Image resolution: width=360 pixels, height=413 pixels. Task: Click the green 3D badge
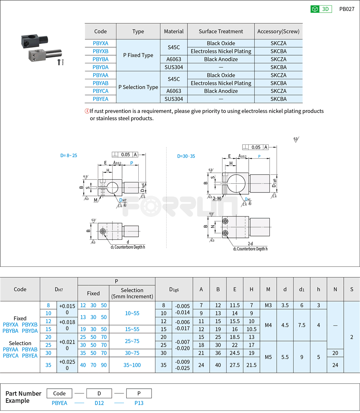tap(321, 9)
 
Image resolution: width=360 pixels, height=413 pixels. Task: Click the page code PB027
tap(346, 9)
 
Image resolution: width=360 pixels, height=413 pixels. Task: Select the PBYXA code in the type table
tap(100, 43)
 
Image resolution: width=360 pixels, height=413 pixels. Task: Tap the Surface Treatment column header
tap(221, 31)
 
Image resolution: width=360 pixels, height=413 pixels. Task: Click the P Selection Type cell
tap(138, 87)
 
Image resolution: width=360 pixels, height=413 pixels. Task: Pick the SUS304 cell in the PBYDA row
tap(174, 67)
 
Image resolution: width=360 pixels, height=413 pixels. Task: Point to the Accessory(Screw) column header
tap(278, 31)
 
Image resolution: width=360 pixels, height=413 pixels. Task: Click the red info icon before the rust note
tap(87, 111)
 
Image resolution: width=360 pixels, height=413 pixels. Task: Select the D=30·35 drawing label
tap(186, 156)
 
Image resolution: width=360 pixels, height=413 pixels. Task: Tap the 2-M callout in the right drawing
tap(217, 199)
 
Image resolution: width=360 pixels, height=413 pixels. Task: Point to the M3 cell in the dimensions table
tap(268, 305)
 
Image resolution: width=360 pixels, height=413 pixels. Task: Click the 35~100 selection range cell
tap(132, 365)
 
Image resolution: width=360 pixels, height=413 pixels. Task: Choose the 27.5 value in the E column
tap(235, 365)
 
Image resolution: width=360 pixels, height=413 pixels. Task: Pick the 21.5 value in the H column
tap(251, 365)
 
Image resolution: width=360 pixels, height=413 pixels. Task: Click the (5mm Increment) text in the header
tap(132, 296)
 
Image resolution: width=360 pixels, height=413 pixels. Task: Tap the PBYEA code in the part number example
tap(59, 403)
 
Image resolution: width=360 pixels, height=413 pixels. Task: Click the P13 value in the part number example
tap(139, 403)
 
